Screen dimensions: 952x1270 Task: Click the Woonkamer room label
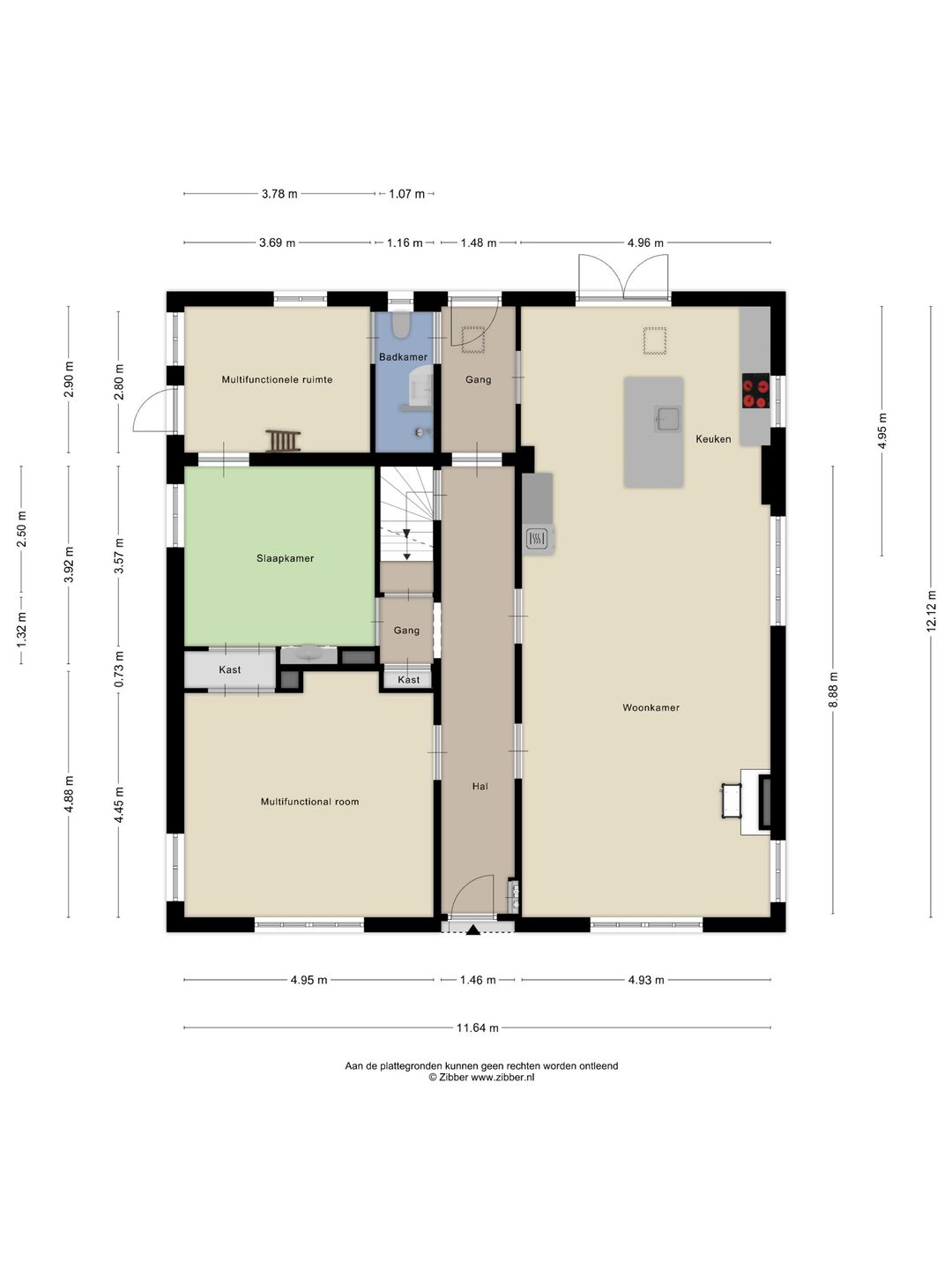tap(651, 707)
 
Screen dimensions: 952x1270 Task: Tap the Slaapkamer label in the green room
tap(285, 558)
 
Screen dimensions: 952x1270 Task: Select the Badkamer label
tap(403, 357)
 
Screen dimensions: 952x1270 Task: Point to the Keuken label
tap(713, 438)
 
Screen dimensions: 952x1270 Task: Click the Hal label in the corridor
tap(480, 786)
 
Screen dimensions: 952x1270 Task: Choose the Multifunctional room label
tap(309, 802)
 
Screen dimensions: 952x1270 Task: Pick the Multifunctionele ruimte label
tap(277, 379)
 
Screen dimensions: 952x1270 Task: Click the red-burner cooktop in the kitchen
tap(755, 391)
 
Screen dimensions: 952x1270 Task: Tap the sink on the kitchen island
tap(667, 418)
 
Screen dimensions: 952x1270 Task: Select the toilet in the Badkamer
tap(400, 325)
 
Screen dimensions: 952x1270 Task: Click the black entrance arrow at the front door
tap(472, 930)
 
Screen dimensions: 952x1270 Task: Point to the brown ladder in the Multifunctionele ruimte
tap(283, 441)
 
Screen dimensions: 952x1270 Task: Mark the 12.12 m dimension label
tap(931, 611)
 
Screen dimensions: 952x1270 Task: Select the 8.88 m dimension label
tap(833, 690)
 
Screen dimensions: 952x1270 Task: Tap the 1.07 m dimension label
tap(406, 194)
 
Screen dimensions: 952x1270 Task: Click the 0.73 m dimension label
tap(118, 669)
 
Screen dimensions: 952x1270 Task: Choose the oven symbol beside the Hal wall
tap(537, 539)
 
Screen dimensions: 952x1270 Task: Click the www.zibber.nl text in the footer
tap(502, 1077)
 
